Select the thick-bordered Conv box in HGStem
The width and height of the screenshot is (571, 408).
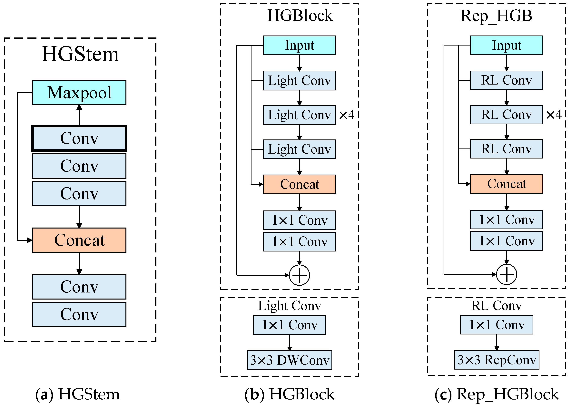click(x=79, y=138)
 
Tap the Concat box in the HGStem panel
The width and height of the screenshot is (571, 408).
click(x=79, y=240)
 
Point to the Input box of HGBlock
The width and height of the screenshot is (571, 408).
click(x=299, y=46)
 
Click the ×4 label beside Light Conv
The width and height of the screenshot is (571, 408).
click(x=347, y=115)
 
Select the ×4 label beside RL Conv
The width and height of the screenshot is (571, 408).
click(x=554, y=115)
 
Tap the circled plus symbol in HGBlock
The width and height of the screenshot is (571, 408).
click(x=300, y=275)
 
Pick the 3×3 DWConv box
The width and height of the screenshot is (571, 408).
click(x=289, y=360)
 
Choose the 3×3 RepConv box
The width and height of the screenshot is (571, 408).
click(x=497, y=360)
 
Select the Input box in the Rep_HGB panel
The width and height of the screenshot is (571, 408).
click(x=507, y=46)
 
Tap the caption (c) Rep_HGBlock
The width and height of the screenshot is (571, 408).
click(x=497, y=394)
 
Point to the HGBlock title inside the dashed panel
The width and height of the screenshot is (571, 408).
click(x=300, y=15)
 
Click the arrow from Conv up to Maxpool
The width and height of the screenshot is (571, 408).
click(x=79, y=115)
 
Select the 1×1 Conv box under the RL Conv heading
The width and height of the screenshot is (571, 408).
click(x=497, y=325)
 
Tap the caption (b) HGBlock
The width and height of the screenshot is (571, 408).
click(x=289, y=394)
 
